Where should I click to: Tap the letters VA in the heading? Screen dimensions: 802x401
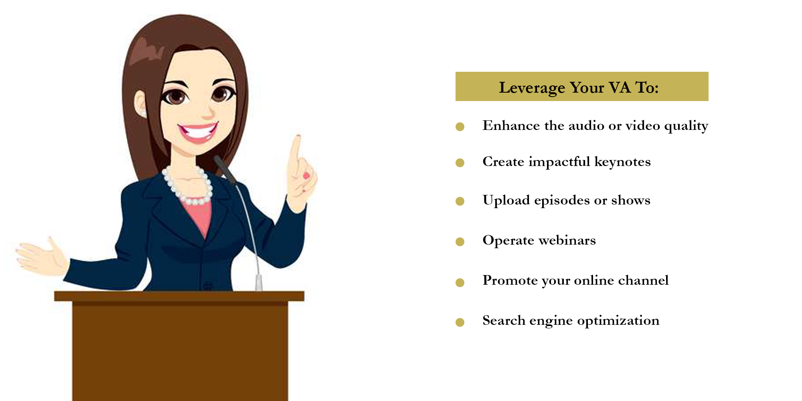coord(620,87)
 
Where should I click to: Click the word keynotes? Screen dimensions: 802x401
coord(622,162)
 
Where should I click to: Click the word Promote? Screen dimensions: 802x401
coord(510,280)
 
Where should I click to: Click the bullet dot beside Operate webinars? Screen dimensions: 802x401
coord(460,242)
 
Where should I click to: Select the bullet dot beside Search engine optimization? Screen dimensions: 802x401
coord(460,322)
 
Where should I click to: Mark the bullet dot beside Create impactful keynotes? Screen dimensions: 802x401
coord(460,163)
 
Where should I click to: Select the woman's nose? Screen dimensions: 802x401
coord(208,111)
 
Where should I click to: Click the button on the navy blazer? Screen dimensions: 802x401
coord(207,286)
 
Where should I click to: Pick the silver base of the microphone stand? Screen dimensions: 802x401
coord(259,283)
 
